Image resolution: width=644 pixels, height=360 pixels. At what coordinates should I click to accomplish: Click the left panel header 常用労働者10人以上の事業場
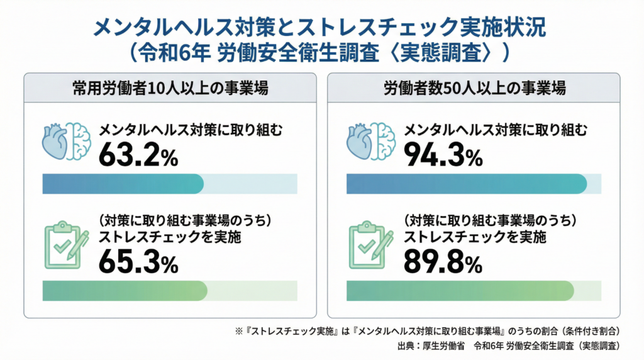(170, 89)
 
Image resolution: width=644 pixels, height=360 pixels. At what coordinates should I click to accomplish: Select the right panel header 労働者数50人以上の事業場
(474, 89)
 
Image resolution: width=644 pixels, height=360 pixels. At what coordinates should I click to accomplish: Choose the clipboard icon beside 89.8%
(370, 245)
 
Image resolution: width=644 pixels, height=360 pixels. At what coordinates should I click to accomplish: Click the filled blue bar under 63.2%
(123, 184)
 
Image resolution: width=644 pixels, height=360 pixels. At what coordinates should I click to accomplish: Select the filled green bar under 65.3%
(125, 291)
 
